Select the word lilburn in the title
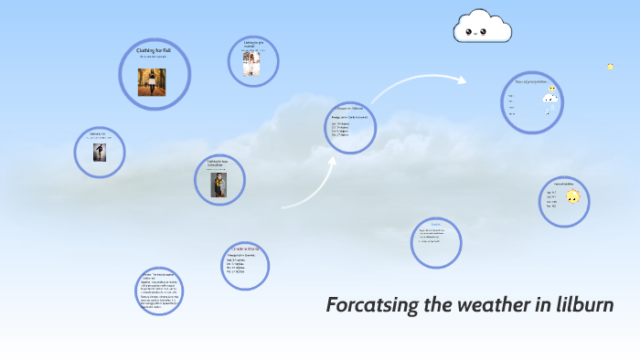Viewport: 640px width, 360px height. [584, 304]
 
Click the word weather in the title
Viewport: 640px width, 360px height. [494, 304]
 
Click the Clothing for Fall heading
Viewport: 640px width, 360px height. [154, 50]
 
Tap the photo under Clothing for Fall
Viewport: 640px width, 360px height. [152, 82]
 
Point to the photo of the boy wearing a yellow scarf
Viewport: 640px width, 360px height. [219, 184]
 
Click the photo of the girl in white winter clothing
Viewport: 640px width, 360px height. [251, 63]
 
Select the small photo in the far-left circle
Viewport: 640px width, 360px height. [98, 153]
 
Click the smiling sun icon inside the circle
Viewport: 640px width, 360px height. [572, 196]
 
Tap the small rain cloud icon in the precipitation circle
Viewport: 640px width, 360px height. [550, 98]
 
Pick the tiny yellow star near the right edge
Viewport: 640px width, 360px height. [610, 66]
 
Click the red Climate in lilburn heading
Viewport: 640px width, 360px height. [246, 249]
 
